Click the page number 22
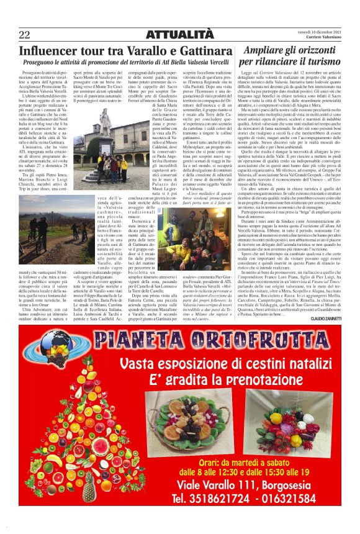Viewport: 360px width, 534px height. point(25,34)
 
